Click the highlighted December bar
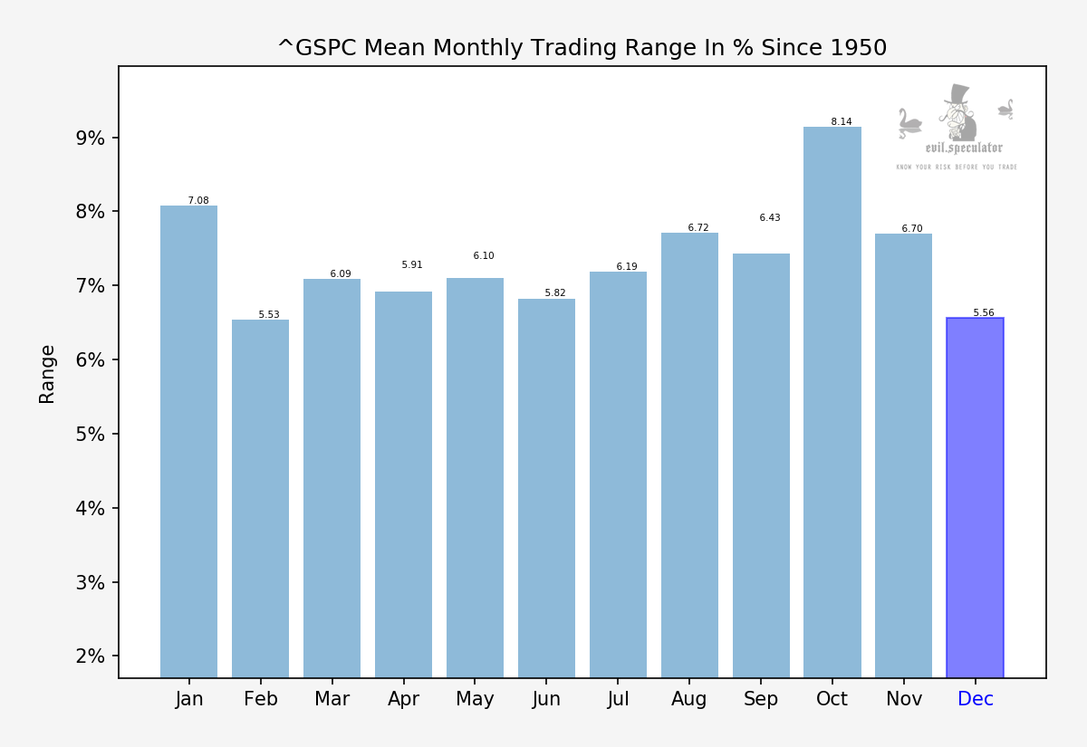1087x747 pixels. [x=975, y=498]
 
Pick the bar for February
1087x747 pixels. [x=260, y=498]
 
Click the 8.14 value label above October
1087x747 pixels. [x=842, y=122]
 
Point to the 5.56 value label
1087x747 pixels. [x=984, y=313]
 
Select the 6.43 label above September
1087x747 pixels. [x=770, y=218]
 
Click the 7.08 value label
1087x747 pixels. [x=198, y=201]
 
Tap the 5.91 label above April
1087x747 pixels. [x=412, y=265]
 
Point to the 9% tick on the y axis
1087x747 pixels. [x=90, y=139]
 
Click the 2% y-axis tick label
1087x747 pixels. [x=90, y=656]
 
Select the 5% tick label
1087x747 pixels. [x=90, y=435]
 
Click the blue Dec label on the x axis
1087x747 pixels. [x=976, y=699]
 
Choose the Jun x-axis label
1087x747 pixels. [x=546, y=699]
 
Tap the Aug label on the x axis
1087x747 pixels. [x=689, y=699]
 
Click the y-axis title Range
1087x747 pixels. [x=47, y=373]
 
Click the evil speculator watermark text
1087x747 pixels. [x=964, y=148]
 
